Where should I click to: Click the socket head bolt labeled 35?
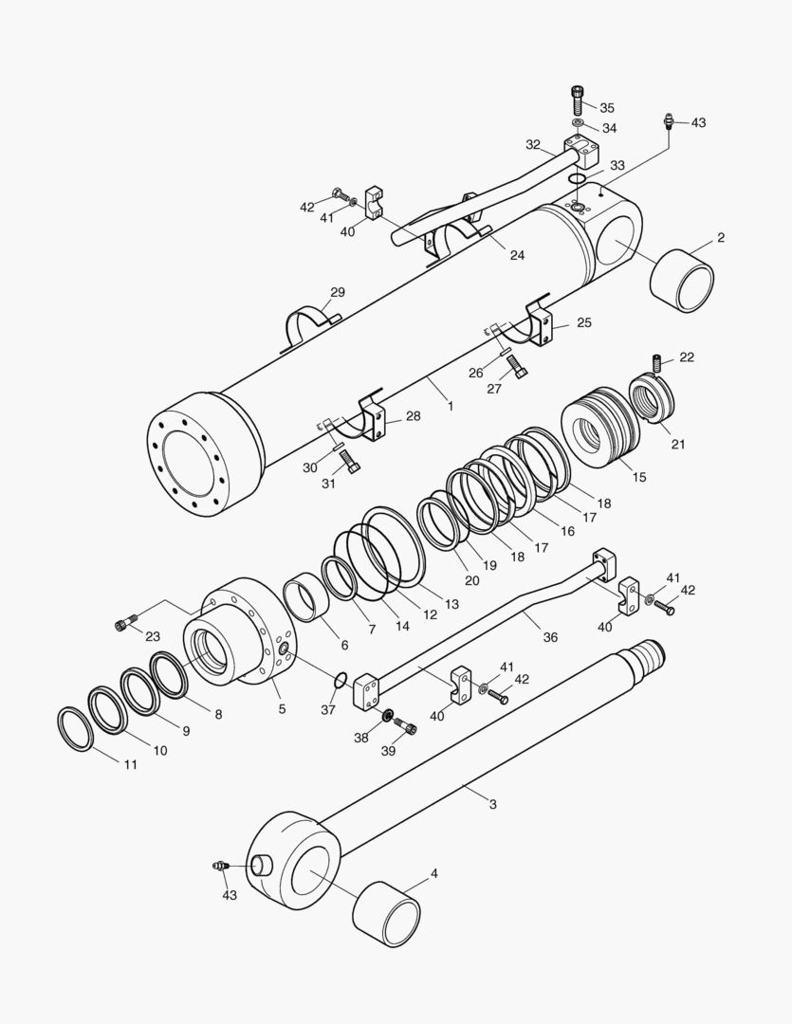click(x=577, y=98)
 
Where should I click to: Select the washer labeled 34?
click(x=577, y=123)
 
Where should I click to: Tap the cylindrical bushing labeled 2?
click(x=683, y=280)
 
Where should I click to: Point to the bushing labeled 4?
click(x=387, y=913)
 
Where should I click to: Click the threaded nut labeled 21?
click(x=652, y=399)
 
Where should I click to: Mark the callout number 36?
click(x=550, y=638)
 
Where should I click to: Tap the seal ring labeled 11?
click(x=76, y=728)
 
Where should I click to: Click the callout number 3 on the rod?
click(x=492, y=804)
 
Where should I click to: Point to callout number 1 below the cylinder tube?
click(x=451, y=406)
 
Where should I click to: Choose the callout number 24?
click(x=517, y=255)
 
